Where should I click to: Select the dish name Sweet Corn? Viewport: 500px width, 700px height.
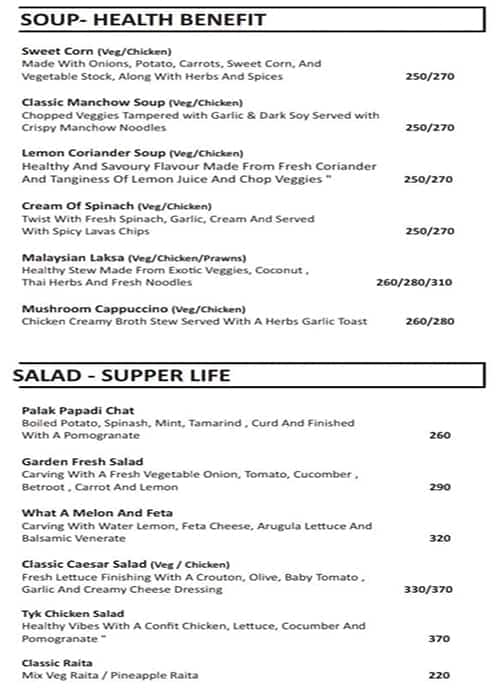coord(58,51)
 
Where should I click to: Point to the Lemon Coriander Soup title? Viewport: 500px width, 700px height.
coord(86,153)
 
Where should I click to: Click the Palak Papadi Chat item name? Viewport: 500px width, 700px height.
coord(78,410)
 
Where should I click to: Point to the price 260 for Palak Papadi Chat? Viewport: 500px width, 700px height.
coord(439,435)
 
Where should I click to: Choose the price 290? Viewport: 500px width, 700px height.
coord(439,486)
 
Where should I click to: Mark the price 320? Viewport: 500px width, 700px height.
coord(439,538)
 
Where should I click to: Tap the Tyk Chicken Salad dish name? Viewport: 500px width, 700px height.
coord(73,613)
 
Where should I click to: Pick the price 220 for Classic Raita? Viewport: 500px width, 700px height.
coord(439,676)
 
